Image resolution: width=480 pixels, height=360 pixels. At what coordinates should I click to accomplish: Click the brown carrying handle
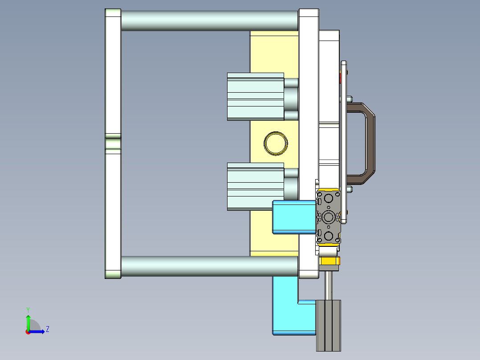pos(370,143)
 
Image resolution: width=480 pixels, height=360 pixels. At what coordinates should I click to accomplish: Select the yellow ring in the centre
pos(276,143)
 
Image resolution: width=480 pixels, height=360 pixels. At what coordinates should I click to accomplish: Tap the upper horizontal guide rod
pos(209,20)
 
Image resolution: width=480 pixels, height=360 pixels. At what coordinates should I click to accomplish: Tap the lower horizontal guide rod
pos(209,266)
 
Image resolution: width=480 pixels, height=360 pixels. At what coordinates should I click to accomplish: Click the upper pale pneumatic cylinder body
pos(255,97)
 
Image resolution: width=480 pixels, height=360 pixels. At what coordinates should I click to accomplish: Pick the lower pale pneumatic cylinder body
pos(255,186)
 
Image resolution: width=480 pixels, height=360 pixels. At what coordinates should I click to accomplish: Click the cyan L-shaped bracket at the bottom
pos(285,312)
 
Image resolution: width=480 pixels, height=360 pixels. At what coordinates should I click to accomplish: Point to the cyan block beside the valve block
pos(294,217)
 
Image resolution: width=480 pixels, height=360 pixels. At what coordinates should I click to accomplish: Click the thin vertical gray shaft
pos(329,285)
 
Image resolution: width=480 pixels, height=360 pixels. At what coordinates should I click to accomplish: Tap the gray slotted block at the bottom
pos(329,325)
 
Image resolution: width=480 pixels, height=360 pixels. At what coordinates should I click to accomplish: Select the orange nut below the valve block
pos(329,261)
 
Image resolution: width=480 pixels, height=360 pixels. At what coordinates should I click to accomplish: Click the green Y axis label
pos(28,309)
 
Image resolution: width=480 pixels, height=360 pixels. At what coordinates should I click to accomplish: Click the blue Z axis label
pos(47,329)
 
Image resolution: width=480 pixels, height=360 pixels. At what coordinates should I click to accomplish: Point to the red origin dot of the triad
pos(28,331)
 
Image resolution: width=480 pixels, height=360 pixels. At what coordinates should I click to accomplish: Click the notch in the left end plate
pos(113,144)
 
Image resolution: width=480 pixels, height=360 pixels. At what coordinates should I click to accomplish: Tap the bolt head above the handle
pos(349,98)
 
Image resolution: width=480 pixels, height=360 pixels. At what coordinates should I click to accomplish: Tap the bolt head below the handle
pos(349,189)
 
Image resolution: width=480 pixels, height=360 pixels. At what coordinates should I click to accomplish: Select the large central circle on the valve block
pos(329,217)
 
